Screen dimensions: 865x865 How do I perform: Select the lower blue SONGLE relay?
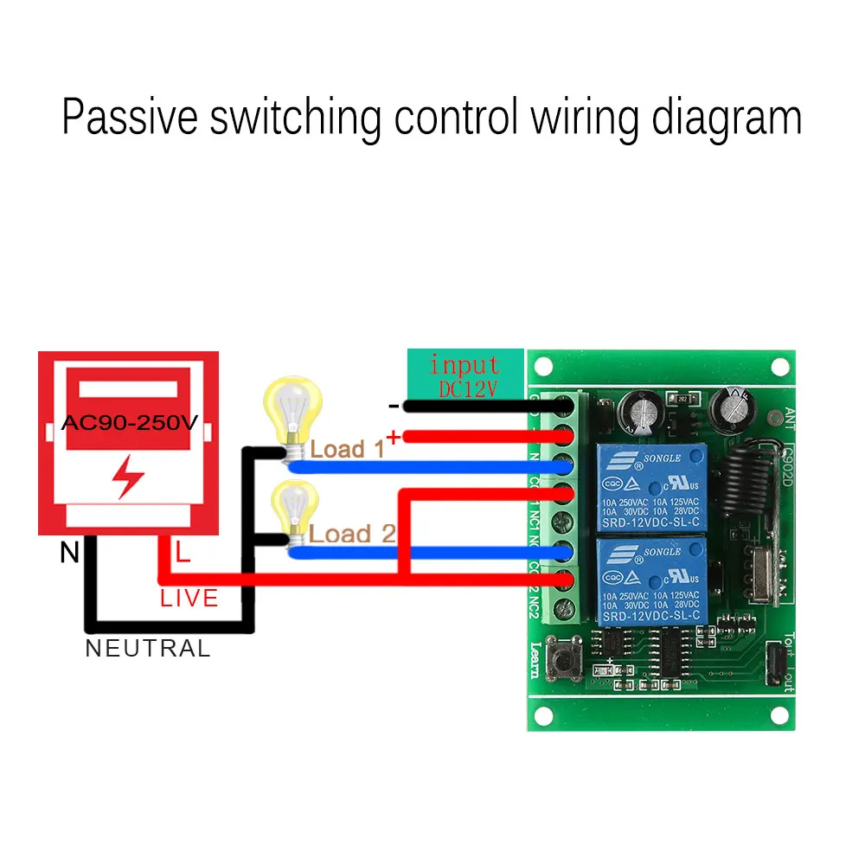(649, 580)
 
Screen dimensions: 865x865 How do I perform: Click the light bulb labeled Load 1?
(292, 413)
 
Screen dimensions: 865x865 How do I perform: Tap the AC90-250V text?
(129, 424)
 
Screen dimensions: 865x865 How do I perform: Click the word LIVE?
(189, 598)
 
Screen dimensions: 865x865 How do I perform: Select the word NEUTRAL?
(148, 649)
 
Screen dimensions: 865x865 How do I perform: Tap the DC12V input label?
(466, 390)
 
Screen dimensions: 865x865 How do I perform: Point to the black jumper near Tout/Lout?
(774, 663)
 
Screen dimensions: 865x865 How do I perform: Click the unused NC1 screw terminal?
(566, 521)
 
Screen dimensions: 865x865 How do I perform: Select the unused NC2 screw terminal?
(566, 608)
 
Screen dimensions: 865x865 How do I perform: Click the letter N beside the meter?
(69, 553)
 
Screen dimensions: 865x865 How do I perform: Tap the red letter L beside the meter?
(183, 553)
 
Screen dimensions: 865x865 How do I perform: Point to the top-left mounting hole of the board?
(542, 367)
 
